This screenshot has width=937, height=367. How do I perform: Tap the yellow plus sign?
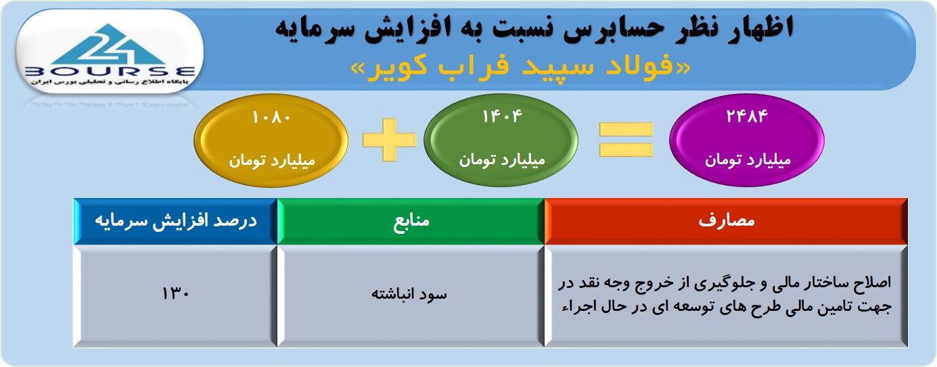click(390, 140)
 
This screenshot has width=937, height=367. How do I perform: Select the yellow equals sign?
click(626, 140)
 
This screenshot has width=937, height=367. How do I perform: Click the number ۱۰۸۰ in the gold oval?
click(271, 118)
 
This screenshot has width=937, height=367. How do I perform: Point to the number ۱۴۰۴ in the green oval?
click(502, 117)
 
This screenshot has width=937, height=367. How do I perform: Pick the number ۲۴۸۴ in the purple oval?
click(747, 117)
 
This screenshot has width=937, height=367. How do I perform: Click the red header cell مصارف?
click(726, 221)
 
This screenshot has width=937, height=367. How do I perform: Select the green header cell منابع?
click(411, 221)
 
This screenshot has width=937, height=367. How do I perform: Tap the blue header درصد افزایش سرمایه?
click(176, 221)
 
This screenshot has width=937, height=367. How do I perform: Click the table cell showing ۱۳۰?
click(176, 295)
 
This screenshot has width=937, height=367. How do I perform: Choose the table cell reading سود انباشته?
click(411, 295)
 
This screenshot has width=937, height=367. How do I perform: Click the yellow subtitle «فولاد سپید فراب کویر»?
click(520, 67)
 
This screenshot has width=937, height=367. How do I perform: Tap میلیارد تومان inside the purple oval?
click(748, 160)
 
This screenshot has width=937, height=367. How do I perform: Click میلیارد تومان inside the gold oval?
click(271, 160)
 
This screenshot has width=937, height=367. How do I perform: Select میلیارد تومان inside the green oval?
click(502, 160)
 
